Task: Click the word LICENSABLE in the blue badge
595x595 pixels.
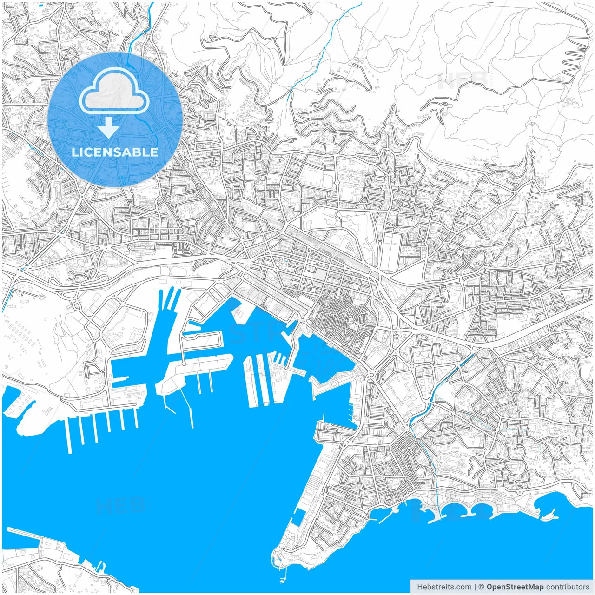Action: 115,152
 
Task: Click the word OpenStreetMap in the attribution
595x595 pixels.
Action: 515,587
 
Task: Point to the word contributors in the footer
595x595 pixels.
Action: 568,587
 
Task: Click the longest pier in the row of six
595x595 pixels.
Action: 70,435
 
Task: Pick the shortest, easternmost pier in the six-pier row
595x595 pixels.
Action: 136,418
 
